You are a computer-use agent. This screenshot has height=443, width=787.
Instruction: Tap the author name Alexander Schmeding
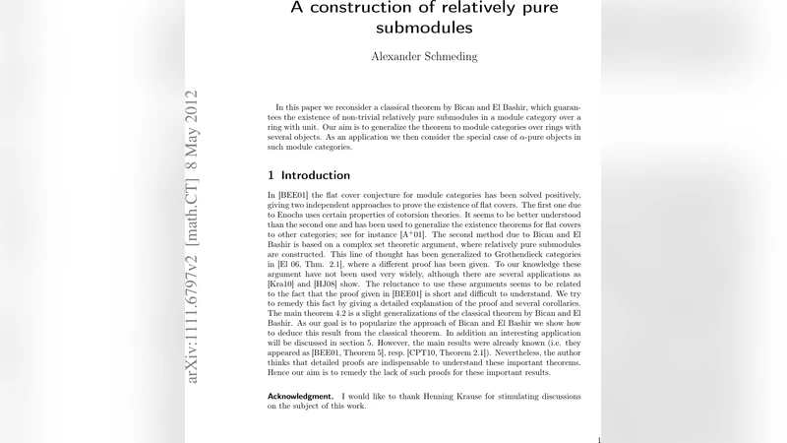click(424, 57)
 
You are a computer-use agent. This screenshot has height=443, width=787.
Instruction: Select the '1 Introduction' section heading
click(309, 176)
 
